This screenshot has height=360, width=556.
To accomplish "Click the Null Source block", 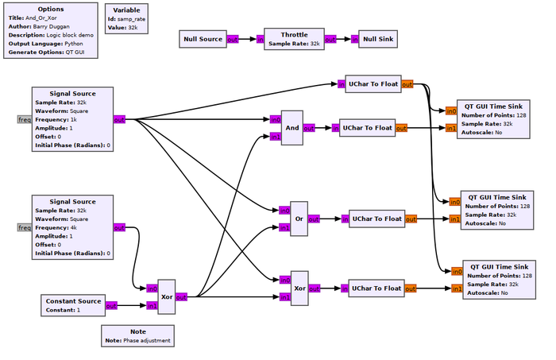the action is coord(203,39).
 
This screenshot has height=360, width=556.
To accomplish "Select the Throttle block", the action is coord(294,39).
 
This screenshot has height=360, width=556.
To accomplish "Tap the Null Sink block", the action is coord(378,39).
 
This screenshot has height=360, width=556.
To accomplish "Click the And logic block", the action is coord(292,128).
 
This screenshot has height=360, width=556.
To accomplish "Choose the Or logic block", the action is coord(299,219).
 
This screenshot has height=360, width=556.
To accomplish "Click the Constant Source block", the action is coord(73,305).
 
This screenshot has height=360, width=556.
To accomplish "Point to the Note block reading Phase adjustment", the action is coord(137,336).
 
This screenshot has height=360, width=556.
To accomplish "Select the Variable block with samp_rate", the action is coord(126,19).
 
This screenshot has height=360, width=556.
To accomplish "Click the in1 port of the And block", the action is coord(276,137).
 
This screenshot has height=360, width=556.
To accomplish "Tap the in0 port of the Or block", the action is coord(284,211).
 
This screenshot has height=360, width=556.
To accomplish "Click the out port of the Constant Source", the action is coord(111,305).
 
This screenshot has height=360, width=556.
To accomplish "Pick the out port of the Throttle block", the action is coord(330,40).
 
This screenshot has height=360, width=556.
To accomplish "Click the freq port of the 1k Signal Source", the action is coord(25,119).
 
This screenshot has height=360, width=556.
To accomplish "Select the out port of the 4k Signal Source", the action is coord(119,227).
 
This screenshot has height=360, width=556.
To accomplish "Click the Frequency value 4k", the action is coord(73,227).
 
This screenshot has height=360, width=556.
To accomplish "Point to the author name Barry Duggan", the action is coord(51,26).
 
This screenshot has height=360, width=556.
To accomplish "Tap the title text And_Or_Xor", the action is coord(41,17).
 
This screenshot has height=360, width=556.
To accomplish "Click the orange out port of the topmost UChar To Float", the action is coord(407,84).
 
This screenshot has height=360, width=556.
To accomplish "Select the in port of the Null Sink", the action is coord(354,40).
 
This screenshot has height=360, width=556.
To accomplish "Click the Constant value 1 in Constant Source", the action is coord(79,310).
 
